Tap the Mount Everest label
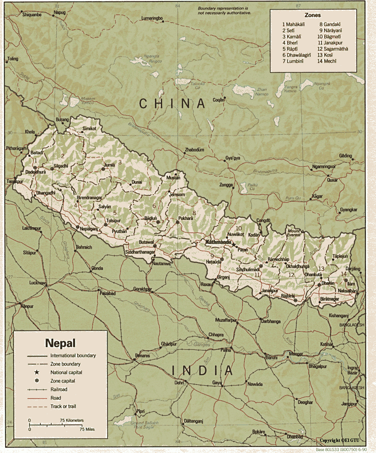coord(294,233)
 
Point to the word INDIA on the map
coord(202,370)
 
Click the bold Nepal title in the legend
coord(60,343)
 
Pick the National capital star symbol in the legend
coord(36,372)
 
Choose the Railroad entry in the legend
coord(59,389)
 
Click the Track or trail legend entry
coord(63,406)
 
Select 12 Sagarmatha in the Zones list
coord(333,49)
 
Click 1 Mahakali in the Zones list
coord(293,24)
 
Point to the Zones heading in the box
coord(313,15)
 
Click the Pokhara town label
coord(185,218)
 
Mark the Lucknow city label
coord(37,282)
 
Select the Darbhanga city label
coord(271,321)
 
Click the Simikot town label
coord(89,128)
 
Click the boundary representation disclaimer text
coord(224,10)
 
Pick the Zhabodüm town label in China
coord(194,150)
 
